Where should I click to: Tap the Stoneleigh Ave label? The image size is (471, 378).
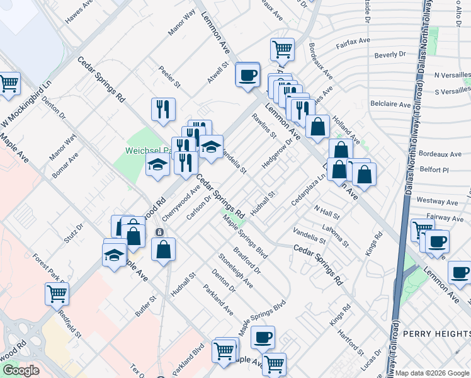(x=235, y=272)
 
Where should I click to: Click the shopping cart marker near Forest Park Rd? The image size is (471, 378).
(x=57, y=293)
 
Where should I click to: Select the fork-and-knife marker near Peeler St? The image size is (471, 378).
(x=163, y=109)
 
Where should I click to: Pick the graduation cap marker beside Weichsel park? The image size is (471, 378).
(x=157, y=166)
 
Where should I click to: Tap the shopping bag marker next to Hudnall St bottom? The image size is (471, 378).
(x=163, y=249)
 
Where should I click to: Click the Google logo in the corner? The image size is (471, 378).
(x=21, y=371)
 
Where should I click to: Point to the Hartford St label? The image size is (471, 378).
(x=350, y=341)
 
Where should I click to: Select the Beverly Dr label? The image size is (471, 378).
(x=390, y=55)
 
